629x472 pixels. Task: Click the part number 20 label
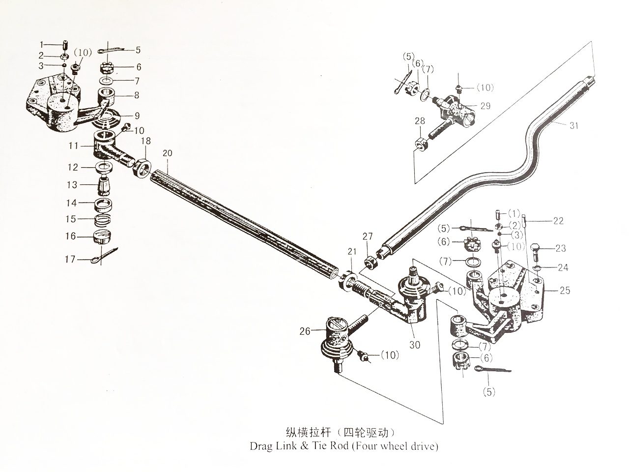[168, 153]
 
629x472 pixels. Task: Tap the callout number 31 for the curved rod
[573, 125]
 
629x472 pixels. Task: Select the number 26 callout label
[305, 331]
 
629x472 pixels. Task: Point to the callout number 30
[415, 345]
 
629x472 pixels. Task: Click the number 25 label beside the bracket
[565, 291]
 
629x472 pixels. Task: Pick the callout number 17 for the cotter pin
[70, 259]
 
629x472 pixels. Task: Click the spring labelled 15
[103, 221]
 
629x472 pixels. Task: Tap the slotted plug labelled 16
[102, 237]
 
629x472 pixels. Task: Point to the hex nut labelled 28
[421, 143]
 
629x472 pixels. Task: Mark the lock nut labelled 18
[142, 168]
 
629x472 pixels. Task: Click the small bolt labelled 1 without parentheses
[64, 45]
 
